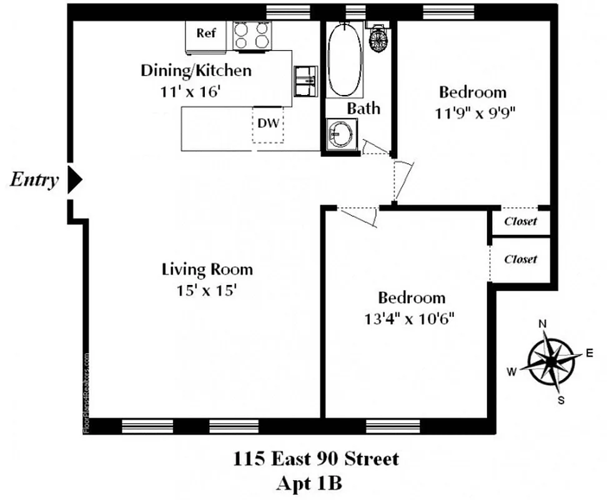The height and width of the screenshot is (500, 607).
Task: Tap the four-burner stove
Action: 252,36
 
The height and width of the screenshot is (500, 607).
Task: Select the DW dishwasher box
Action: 269,124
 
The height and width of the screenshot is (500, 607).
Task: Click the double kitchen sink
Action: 305,81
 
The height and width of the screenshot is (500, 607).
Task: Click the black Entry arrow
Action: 75,180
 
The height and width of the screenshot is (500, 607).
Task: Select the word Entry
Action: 34,180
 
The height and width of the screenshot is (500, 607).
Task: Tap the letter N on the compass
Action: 543,324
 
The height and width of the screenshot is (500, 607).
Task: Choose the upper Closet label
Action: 520,221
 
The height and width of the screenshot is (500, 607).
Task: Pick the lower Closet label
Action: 520,259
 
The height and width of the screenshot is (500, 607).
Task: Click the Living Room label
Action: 207,269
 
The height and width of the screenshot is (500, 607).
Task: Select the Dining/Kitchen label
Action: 196,70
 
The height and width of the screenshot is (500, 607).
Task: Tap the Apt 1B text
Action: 315,483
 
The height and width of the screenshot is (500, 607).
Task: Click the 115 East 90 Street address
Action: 315,459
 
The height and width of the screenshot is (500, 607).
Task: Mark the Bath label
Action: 363,108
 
